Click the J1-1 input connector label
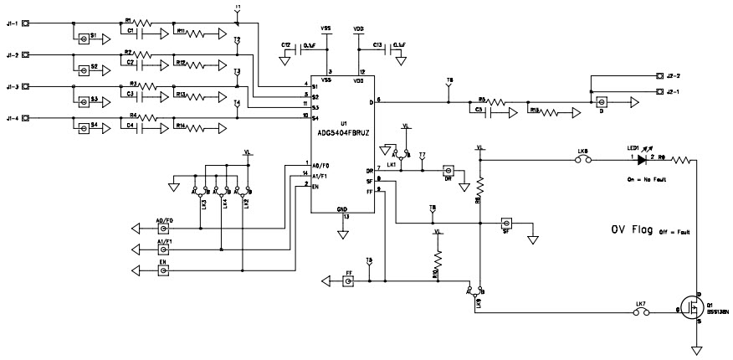click(11, 24)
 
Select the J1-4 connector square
click(25, 118)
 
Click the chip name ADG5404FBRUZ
click(341, 131)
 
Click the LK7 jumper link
click(641, 313)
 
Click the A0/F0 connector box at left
click(164, 227)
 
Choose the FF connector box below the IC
click(348, 282)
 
